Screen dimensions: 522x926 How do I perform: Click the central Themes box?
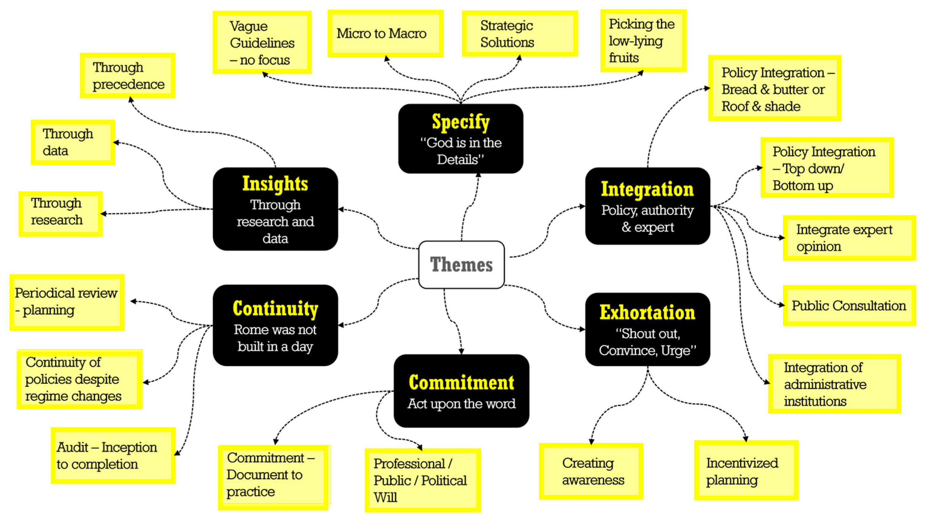coord(461,264)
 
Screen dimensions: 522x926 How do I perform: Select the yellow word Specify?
coord(461,122)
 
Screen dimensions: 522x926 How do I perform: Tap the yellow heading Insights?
coord(275,184)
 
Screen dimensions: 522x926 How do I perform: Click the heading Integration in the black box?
coord(647,189)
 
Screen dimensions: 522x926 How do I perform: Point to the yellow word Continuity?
coord(275,309)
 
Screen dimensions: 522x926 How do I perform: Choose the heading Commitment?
coord(461,382)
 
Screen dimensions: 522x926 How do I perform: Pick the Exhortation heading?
coord(647,312)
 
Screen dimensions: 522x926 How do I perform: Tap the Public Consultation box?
coord(848,305)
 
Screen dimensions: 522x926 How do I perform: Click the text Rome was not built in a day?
coord(275,338)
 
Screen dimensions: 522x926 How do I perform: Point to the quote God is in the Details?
coord(461,151)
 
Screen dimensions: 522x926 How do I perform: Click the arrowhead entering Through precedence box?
coord(131,99)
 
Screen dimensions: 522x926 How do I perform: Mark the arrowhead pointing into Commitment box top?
coord(461,351)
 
